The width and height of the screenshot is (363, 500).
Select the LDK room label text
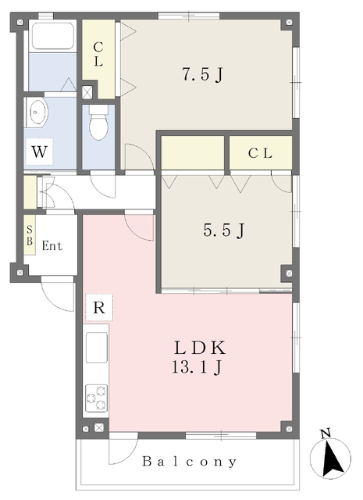pyautogui.click(x=199, y=347)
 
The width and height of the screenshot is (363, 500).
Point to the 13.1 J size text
pyautogui.click(x=199, y=366)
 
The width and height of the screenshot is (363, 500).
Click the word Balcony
pyautogui.click(x=190, y=462)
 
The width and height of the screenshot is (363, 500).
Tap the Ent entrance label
pyautogui.click(x=52, y=246)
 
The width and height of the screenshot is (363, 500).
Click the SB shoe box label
pyautogui.click(x=30, y=235)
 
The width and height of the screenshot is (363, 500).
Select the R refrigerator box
pyautogui.click(x=98, y=307)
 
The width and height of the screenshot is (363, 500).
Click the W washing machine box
pyautogui.click(x=38, y=152)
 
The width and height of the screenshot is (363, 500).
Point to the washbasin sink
pyautogui.click(x=37, y=115)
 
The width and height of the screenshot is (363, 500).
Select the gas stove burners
pyautogui.click(x=97, y=398)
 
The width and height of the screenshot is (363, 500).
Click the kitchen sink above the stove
pyautogui.click(x=97, y=347)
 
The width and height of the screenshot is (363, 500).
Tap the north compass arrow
pyautogui.click(x=333, y=455)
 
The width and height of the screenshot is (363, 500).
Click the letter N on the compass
pyautogui.click(x=326, y=433)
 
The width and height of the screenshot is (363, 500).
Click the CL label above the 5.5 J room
pyautogui.click(x=260, y=153)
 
